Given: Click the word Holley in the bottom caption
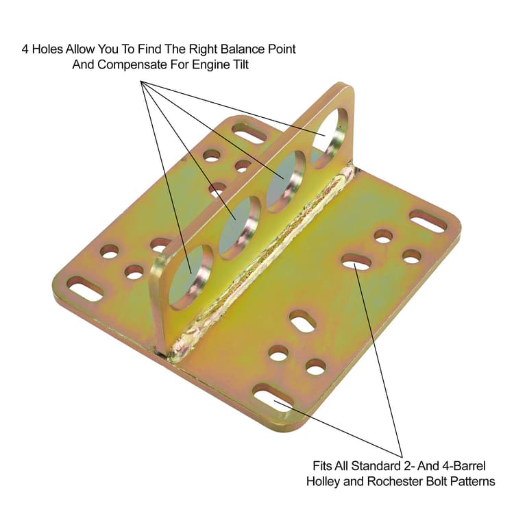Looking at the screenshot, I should (329, 481).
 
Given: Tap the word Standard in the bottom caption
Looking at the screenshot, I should (375, 465).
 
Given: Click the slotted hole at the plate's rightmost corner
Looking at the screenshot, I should (428, 221).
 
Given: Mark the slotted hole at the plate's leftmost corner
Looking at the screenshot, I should (85, 289).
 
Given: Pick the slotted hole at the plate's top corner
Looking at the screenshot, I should (249, 132).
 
